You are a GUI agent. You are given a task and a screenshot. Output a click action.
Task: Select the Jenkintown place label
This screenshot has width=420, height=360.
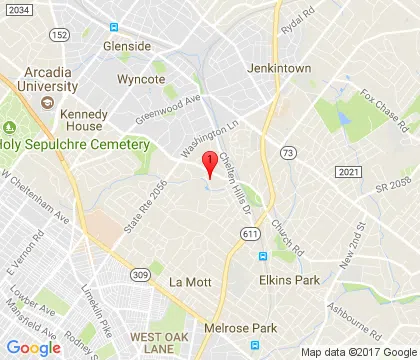(279, 69)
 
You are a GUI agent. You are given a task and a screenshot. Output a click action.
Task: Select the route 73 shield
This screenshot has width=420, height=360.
(287, 152)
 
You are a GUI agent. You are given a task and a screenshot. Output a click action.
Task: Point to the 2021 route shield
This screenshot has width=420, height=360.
(346, 173)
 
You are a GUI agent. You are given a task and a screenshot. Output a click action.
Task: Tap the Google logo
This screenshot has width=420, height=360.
(34, 347)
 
